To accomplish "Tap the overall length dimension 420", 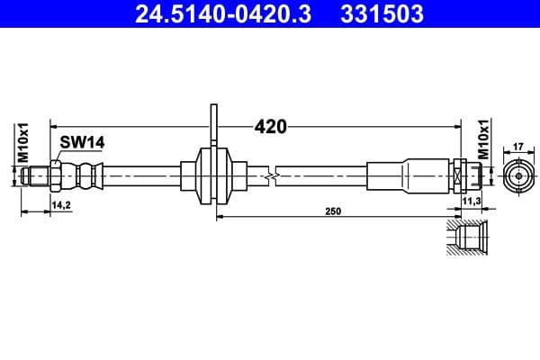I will point(270,127).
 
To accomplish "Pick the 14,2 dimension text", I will point(61,205).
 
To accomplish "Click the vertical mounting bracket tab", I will point(213,127).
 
